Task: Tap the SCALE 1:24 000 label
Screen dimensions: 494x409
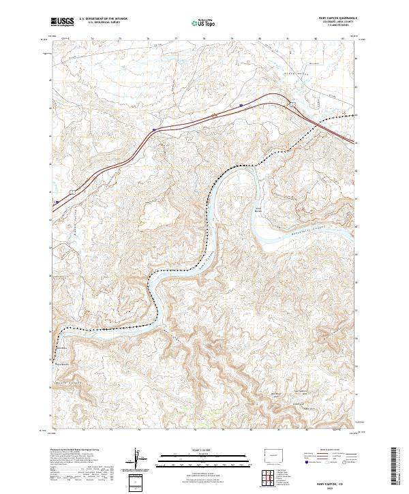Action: click(x=202, y=450)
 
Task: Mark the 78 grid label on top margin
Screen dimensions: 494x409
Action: click(x=204, y=39)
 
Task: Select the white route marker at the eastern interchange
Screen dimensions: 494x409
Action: click(x=291, y=104)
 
